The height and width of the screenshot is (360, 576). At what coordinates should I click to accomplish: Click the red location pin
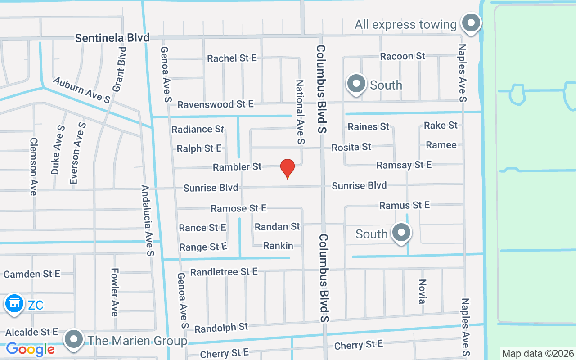click(288, 168)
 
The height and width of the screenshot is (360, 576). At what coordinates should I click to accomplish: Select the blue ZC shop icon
click(14, 304)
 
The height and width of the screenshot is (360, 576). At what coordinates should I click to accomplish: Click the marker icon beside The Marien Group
click(74, 340)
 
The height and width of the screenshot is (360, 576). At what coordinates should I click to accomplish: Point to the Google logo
click(30, 349)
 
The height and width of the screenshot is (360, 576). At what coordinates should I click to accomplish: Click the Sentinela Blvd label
click(112, 38)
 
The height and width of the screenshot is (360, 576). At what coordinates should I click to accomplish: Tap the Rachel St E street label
click(232, 58)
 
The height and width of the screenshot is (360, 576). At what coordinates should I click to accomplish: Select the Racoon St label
click(402, 56)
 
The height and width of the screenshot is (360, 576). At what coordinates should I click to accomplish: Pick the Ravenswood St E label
click(216, 104)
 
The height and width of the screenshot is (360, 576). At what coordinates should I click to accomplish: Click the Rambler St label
click(237, 167)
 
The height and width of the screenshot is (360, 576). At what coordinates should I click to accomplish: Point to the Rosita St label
click(351, 147)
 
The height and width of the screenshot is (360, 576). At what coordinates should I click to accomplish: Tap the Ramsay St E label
click(404, 165)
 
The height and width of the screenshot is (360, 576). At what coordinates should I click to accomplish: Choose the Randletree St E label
click(224, 272)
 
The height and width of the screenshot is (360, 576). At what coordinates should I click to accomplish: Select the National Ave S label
click(300, 112)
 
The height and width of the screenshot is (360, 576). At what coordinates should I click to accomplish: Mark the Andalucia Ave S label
click(148, 220)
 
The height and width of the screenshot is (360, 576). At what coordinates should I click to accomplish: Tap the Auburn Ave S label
click(81, 90)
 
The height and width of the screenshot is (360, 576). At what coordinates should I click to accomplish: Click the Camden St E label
click(32, 274)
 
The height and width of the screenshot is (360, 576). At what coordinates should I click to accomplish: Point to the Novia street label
click(422, 291)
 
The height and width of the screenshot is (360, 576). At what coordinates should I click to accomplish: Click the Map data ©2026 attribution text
click(538, 353)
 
